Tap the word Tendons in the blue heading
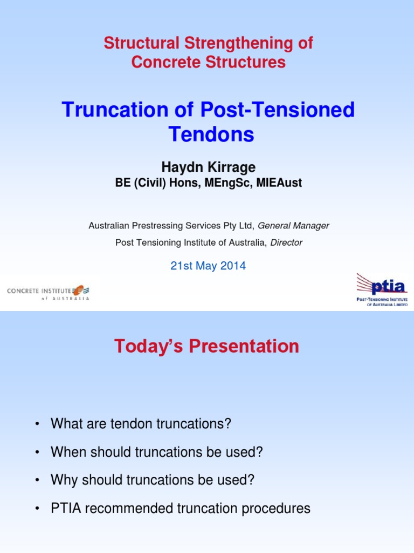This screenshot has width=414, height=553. click(x=211, y=134)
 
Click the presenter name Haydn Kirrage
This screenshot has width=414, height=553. click(x=209, y=167)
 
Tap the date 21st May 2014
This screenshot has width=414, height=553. click(x=208, y=266)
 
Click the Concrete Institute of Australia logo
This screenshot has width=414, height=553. click(x=48, y=292)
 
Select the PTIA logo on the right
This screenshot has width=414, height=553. click(x=382, y=290)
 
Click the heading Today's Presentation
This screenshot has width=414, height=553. click(x=206, y=346)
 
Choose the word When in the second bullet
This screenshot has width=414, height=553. click(x=67, y=452)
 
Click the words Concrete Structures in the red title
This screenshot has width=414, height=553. click(x=208, y=62)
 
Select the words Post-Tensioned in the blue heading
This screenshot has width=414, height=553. click(x=278, y=110)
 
